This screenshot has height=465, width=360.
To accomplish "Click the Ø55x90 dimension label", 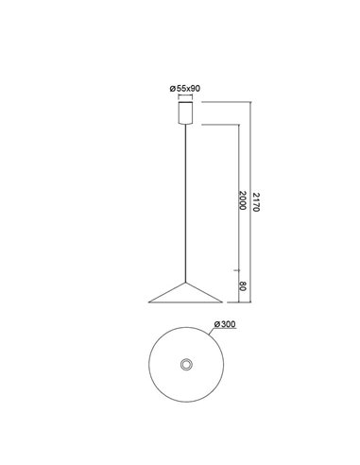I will click(x=184, y=89).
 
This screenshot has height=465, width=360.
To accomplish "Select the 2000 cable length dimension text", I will click(x=244, y=200).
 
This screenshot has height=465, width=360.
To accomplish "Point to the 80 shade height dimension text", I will click(x=244, y=285).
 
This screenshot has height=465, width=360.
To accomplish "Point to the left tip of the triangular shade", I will click(x=150, y=302).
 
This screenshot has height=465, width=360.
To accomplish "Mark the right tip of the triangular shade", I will click(x=223, y=302).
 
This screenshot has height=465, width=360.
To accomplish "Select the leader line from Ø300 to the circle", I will click(x=214, y=332).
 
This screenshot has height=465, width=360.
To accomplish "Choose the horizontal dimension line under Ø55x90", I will click(x=184, y=95).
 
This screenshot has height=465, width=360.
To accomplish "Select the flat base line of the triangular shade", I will click(x=186, y=303).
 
